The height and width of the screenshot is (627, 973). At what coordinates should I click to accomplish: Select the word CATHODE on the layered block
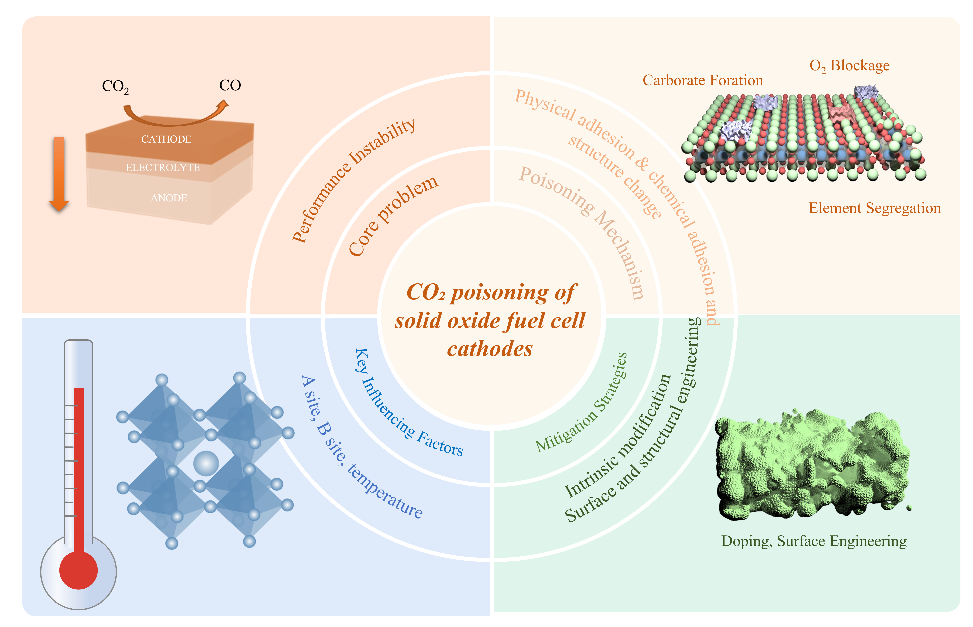click(166, 139)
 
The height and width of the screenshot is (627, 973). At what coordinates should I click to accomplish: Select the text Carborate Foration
click(702, 80)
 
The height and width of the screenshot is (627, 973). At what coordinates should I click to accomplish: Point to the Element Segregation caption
click(874, 208)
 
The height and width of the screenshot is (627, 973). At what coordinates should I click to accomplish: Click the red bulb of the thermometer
click(78, 570)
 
